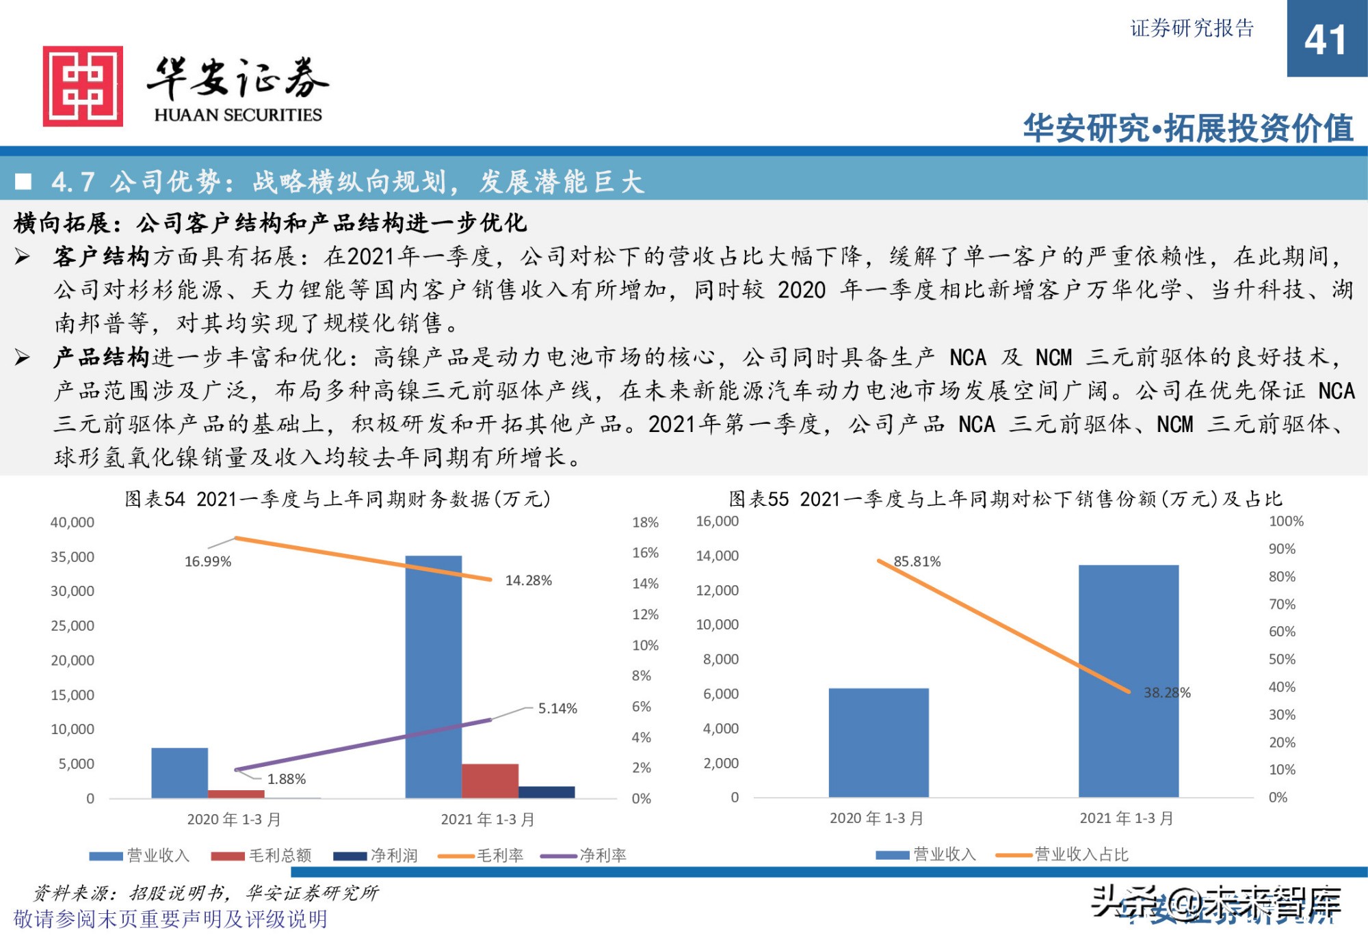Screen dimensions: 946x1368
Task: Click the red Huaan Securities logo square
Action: [x=83, y=86]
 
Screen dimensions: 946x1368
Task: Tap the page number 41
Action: [x=1325, y=40]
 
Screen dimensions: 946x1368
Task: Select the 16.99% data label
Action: [x=208, y=562]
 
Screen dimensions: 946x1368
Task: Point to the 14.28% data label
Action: [x=528, y=580]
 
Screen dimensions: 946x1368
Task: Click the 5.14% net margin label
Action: [x=557, y=708]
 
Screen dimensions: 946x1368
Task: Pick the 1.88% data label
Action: [x=286, y=779]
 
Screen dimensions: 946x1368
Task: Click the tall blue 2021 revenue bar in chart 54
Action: [x=433, y=677]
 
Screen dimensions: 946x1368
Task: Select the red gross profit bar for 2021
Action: [x=490, y=781]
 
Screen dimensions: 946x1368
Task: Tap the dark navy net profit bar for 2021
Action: [x=547, y=792]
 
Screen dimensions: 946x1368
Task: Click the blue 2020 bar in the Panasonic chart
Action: [x=878, y=742]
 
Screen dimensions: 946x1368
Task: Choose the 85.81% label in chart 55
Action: [x=917, y=562]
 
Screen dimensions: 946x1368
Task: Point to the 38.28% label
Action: [x=1167, y=692]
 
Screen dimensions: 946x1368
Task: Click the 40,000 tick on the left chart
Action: [x=73, y=522]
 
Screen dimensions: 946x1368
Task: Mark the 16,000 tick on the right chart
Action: [x=717, y=521]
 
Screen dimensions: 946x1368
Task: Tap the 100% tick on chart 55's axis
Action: [x=1286, y=521]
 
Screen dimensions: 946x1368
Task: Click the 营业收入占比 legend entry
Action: [x=1081, y=854]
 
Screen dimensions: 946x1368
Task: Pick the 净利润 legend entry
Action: [x=393, y=855]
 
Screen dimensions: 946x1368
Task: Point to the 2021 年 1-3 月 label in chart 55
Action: [x=1126, y=818]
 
